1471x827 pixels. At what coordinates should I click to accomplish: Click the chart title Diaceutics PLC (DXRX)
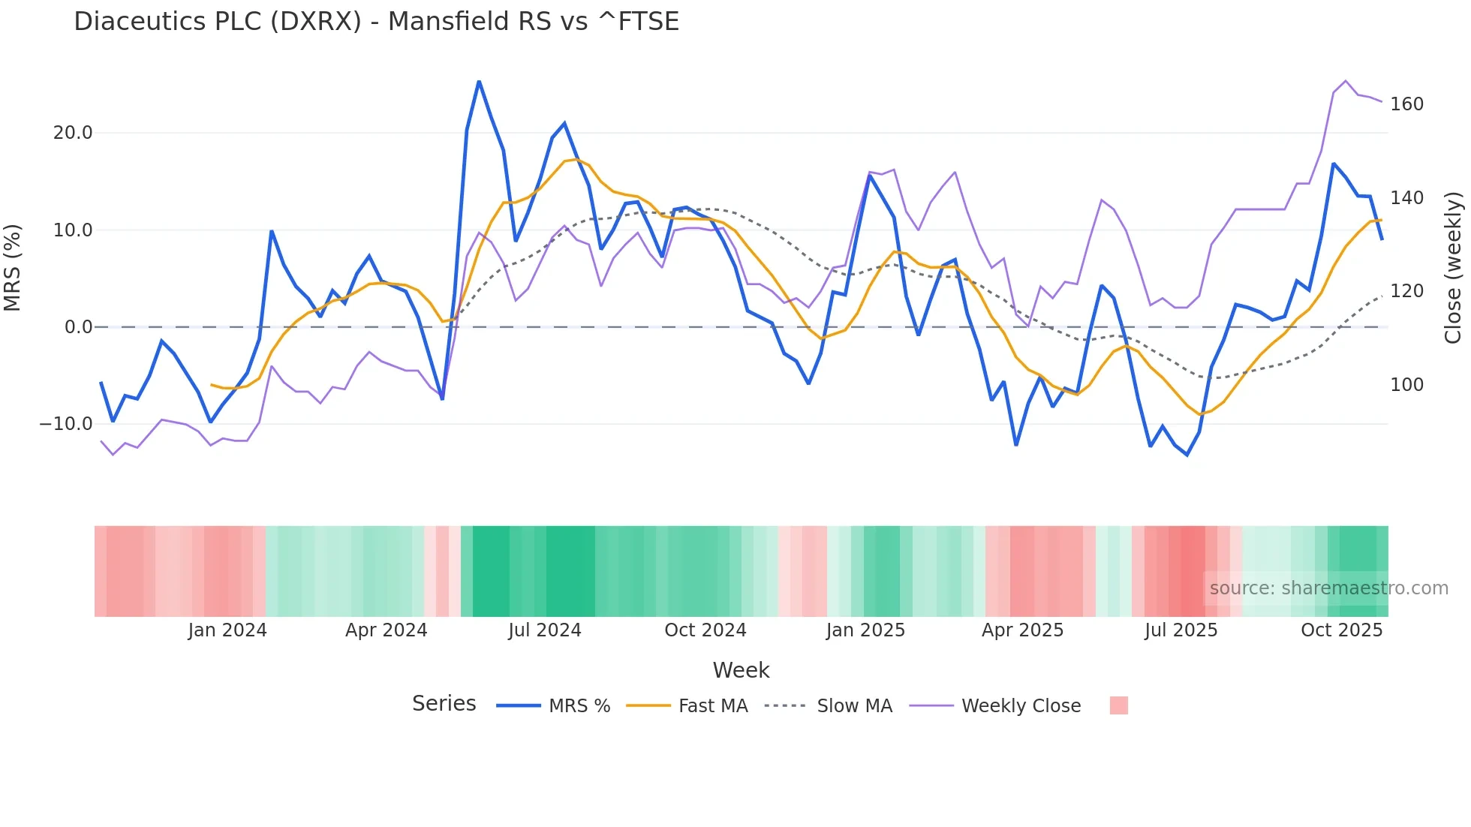click(376, 21)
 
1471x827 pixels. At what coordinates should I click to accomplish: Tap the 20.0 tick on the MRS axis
click(72, 133)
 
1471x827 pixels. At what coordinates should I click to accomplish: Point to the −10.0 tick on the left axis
click(66, 424)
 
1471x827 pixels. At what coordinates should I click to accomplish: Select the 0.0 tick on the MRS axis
click(78, 327)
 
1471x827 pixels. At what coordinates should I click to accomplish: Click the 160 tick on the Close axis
click(1406, 104)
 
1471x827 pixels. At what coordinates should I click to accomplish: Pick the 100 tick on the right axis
click(1406, 385)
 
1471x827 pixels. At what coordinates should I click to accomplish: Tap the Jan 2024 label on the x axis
click(227, 630)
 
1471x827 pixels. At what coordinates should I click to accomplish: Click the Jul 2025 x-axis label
click(1181, 630)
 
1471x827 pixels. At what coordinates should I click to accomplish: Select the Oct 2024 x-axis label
click(705, 630)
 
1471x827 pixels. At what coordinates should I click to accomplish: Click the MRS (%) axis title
click(13, 268)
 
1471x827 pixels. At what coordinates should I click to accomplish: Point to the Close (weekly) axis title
click(1454, 268)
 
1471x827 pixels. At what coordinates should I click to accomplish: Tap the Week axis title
click(741, 670)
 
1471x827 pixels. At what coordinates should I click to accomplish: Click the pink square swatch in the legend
click(1118, 705)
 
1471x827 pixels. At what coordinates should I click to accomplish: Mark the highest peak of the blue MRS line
click(479, 81)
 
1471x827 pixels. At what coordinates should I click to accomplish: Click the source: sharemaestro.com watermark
click(1328, 588)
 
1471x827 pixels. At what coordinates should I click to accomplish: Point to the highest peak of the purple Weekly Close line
click(1346, 80)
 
